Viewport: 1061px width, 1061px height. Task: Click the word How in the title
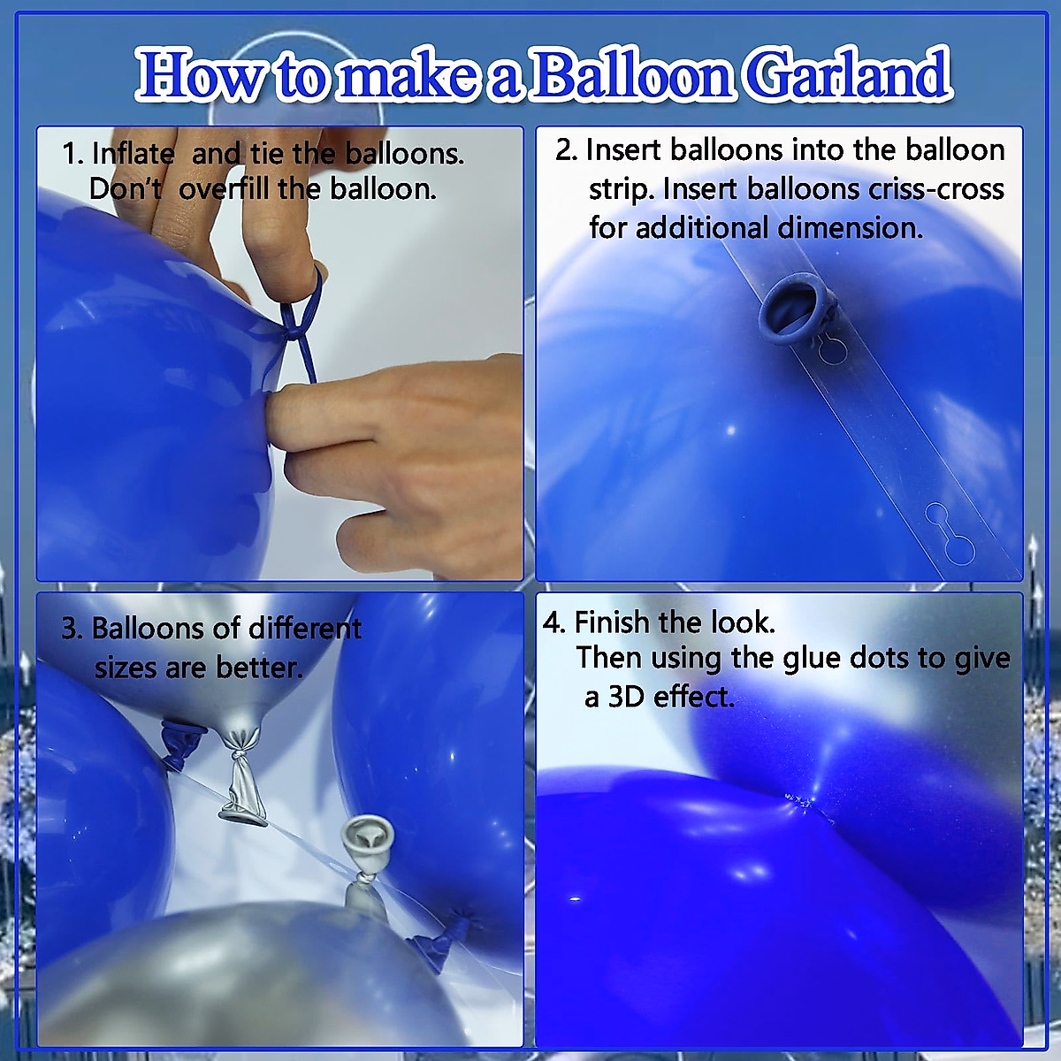[200, 75]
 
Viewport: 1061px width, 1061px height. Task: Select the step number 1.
[71, 154]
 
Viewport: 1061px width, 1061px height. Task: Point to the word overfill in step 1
[225, 189]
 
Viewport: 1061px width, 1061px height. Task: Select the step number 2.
[564, 150]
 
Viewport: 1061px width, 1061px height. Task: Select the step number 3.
[71, 629]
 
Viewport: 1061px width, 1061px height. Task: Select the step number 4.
[553, 622]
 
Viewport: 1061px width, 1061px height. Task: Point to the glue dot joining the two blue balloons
[801, 803]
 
